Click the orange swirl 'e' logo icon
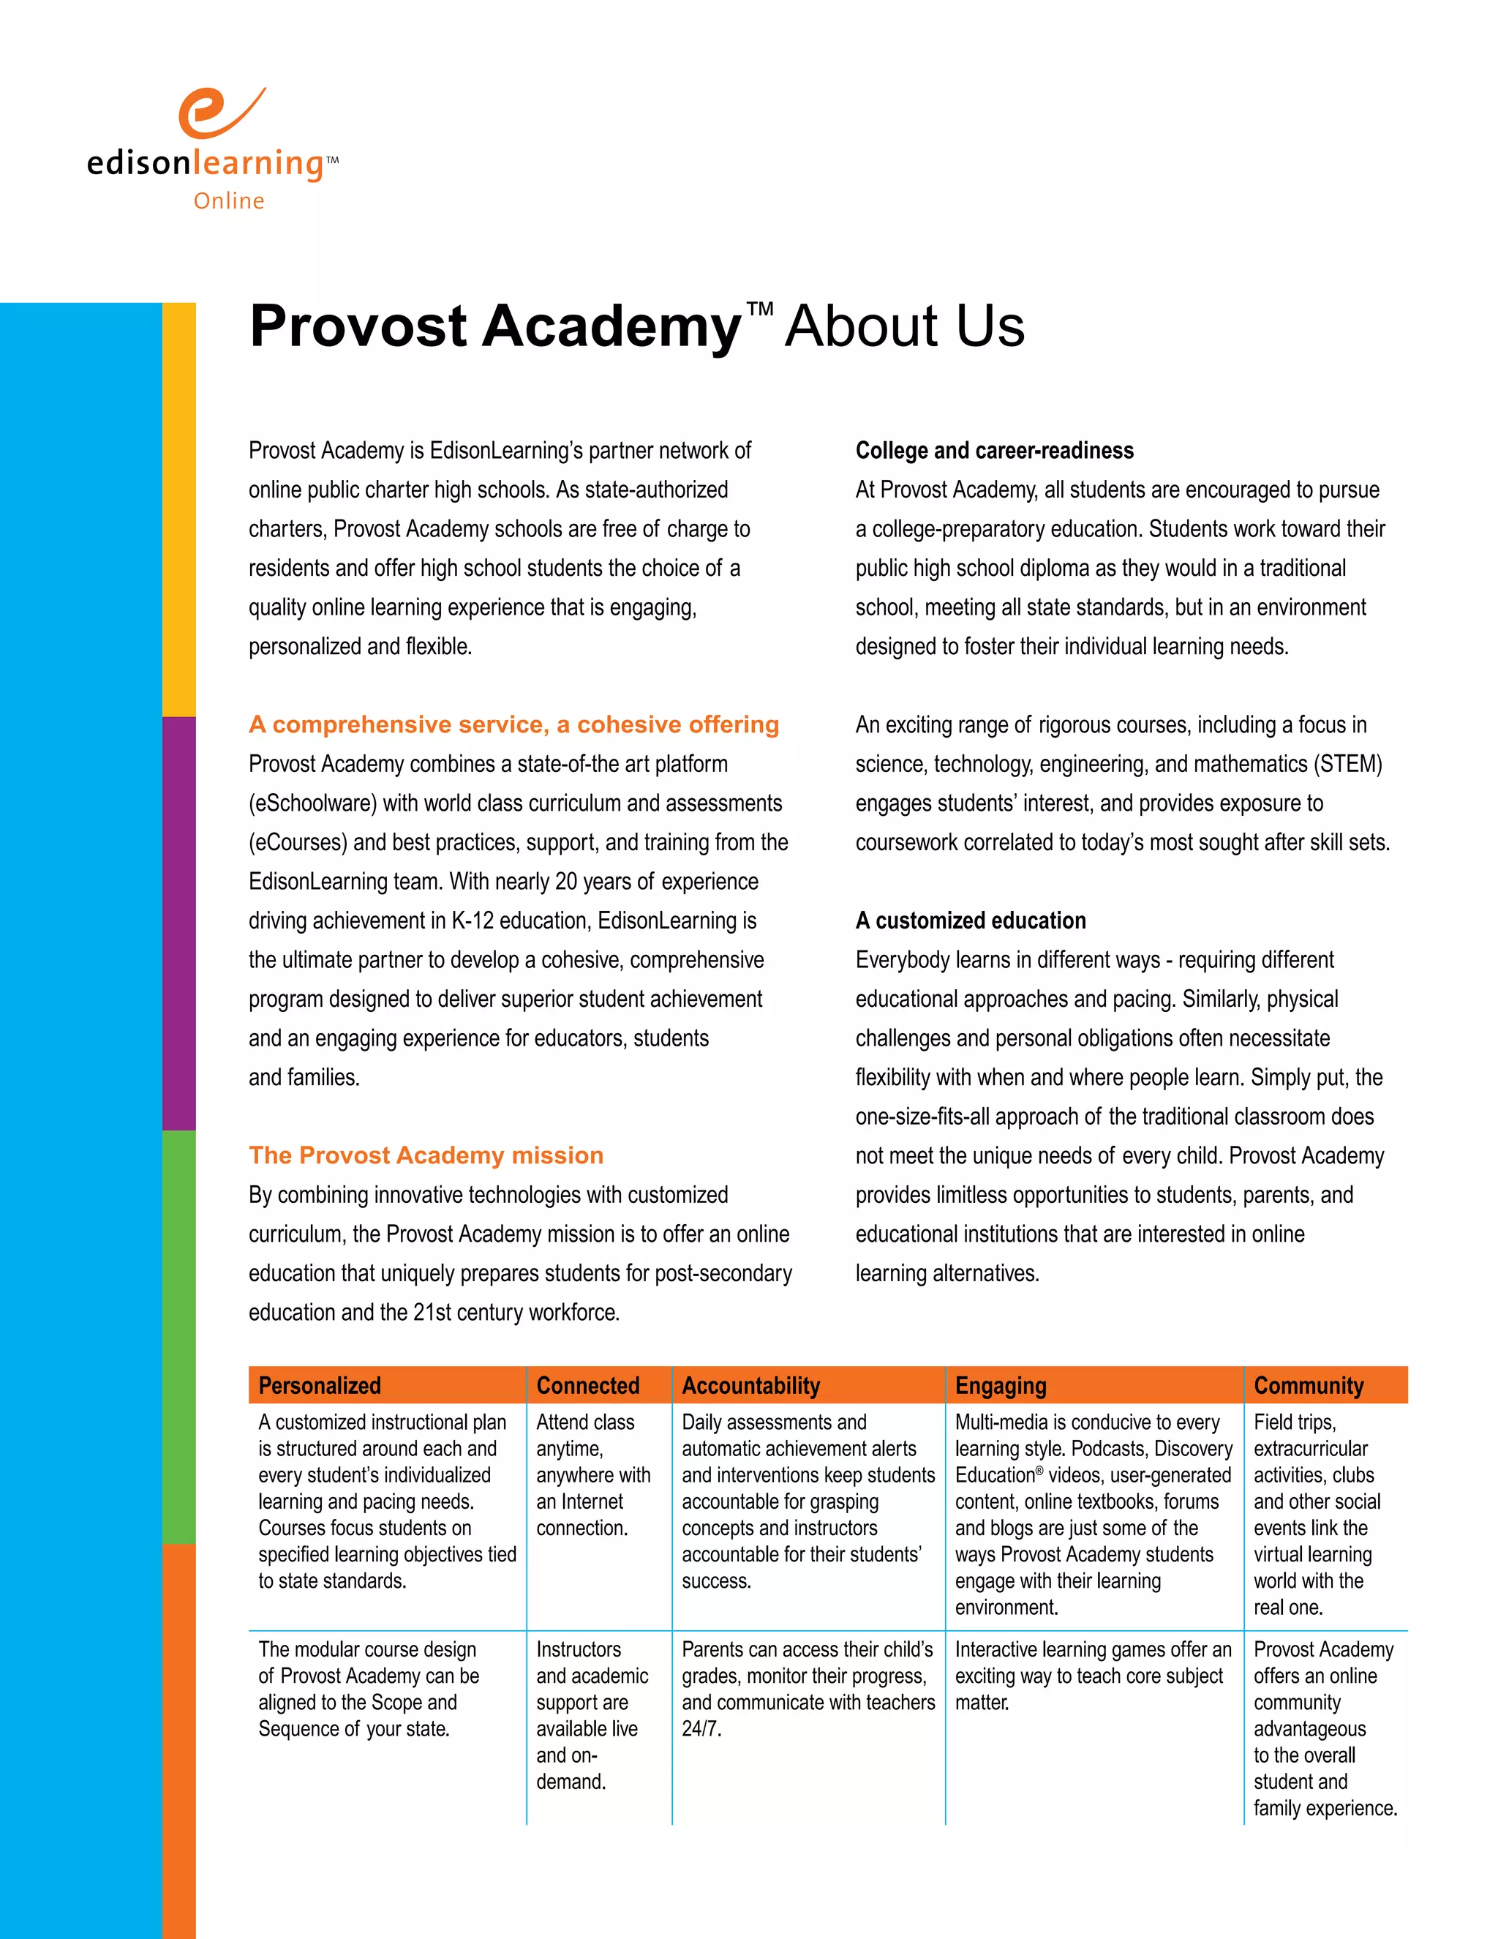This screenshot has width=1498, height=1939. tap(217, 113)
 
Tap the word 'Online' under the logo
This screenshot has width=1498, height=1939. tap(229, 201)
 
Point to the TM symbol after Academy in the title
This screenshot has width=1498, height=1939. tap(760, 309)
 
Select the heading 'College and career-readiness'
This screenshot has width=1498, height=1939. tap(994, 451)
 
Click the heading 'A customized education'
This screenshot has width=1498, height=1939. tap(970, 920)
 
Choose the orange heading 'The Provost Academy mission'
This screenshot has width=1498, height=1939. tap(426, 1155)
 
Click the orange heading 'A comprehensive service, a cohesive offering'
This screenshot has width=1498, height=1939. tap(513, 724)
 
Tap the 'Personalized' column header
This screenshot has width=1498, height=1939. tap(320, 1386)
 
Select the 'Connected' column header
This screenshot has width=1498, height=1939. tap(587, 1386)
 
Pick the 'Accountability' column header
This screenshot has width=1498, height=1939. tap(750, 1386)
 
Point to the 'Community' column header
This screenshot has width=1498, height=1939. tap(1308, 1386)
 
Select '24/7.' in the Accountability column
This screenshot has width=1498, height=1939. tap(701, 1728)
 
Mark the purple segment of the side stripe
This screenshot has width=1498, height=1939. tap(178, 923)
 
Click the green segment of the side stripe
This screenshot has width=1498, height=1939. tap(178, 1336)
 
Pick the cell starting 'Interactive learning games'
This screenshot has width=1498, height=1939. tap(1093, 1676)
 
